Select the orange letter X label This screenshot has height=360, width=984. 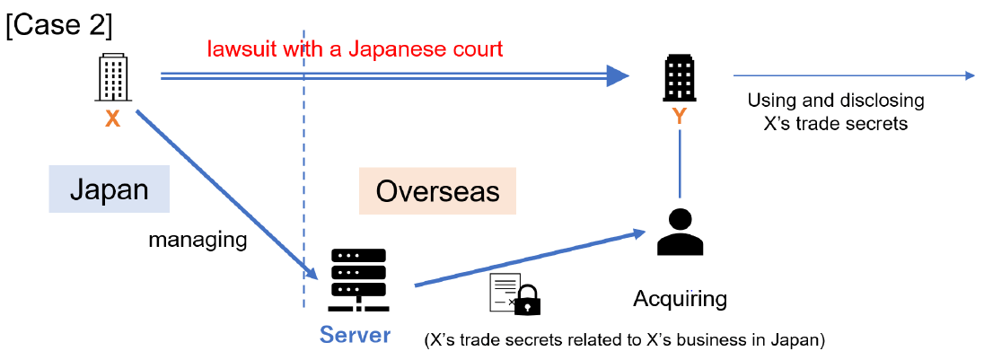[x=113, y=119]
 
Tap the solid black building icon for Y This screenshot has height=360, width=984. [x=681, y=79]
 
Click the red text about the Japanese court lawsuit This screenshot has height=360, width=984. [x=355, y=48]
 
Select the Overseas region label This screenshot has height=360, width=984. [x=437, y=190]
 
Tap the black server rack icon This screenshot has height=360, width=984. [x=358, y=280]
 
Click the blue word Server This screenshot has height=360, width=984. [x=356, y=336]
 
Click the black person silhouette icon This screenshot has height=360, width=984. [x=681, y=233]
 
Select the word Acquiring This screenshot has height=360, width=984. [x=680, y=297]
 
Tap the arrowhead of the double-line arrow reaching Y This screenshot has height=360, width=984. [x=617, y=76]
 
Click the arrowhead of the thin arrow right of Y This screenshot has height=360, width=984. [x=969, y=76]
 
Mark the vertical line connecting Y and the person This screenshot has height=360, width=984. [x=681, y=164]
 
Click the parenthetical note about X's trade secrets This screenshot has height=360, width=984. [x=624, y=340]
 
